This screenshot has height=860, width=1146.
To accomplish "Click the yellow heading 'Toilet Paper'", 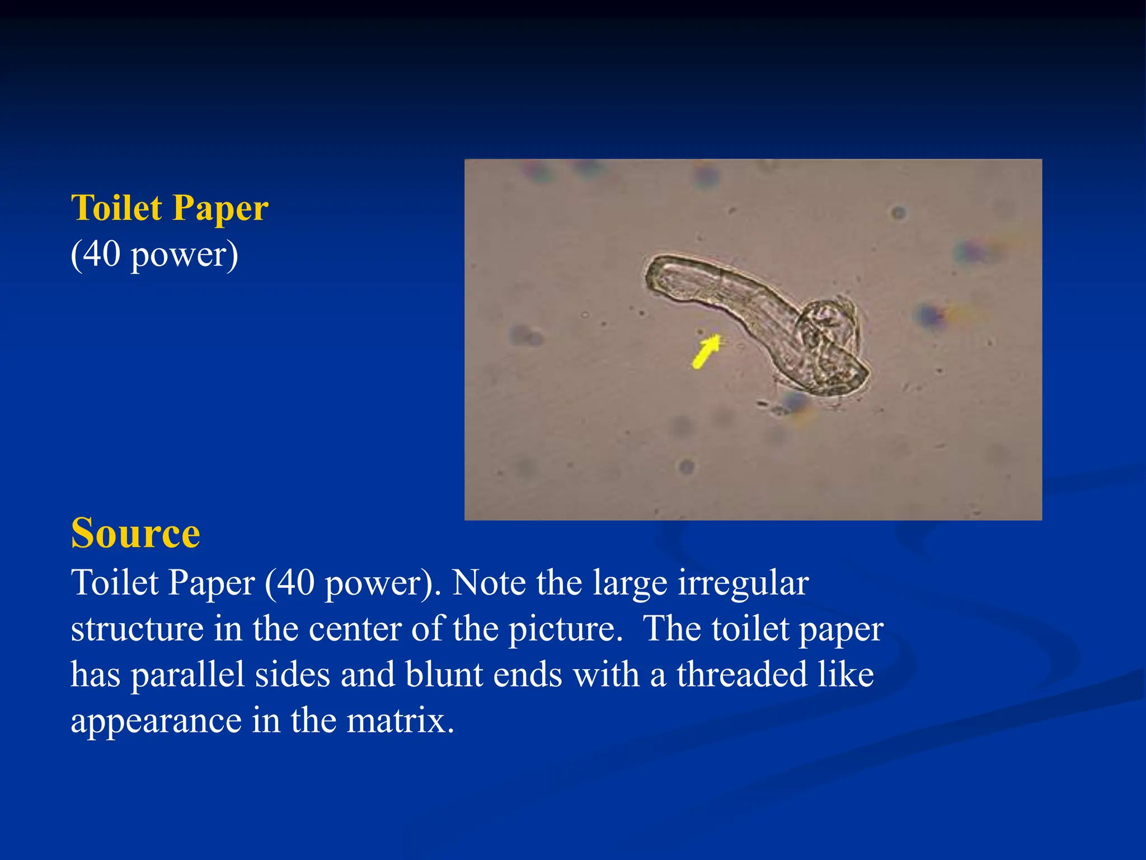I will pos(170,208).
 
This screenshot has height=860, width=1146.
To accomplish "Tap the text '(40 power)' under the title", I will pos(154,255).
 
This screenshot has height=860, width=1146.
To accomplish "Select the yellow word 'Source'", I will pos(135,533).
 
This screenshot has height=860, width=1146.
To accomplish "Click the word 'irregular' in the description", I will pos(743,583).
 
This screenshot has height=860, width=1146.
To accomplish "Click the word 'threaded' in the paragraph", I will pos(742,674).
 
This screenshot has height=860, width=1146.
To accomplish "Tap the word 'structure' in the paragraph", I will pos(137,629).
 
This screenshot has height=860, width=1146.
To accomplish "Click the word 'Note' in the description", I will pos(489,583).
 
